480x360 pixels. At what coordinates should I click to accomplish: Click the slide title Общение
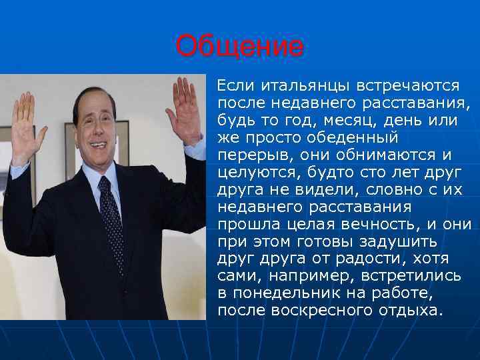point(239,47)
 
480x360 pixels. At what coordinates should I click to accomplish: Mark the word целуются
point(257,173)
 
